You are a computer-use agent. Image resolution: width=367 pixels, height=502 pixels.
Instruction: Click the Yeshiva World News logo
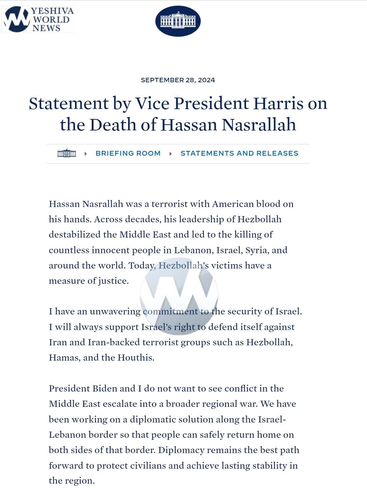point(38,19)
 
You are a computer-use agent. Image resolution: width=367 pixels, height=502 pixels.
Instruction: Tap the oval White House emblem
point(178,21)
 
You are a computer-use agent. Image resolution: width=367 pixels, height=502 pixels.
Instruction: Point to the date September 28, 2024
point(178,80)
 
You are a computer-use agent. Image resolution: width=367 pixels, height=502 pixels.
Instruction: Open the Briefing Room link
point(128,153)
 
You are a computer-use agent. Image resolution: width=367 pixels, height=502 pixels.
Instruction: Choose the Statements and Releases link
point(239,153)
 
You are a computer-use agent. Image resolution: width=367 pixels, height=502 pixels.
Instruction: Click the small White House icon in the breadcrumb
point(67,153)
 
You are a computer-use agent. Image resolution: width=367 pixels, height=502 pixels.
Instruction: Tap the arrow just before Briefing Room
point(86,154)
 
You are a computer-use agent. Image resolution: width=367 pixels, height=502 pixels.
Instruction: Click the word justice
point(113,281)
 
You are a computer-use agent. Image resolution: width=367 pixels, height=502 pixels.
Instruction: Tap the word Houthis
point(136,358)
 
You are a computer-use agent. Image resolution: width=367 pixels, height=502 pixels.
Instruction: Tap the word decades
point(143,220)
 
